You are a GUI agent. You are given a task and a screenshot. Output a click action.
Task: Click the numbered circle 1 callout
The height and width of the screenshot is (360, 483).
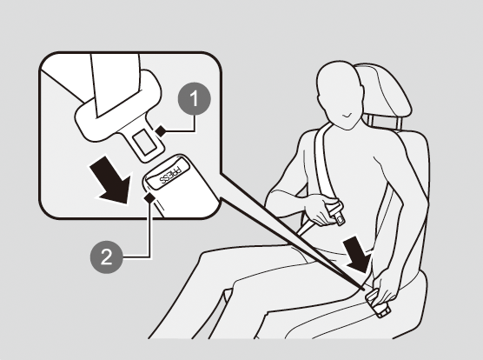(195, 98)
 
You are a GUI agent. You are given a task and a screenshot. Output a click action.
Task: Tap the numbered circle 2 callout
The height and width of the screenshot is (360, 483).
(106, 257)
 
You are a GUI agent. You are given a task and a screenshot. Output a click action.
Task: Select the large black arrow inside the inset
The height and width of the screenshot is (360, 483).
(112, 181)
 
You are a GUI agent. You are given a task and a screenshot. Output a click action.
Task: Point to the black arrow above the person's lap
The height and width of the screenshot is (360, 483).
(357, 254)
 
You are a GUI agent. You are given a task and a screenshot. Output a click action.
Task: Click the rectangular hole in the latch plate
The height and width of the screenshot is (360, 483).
(145, 142)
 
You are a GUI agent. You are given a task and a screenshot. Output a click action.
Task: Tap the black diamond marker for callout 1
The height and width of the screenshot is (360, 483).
(161, 130)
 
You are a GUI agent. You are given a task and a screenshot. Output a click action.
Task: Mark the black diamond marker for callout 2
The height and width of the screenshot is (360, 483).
(149, 197)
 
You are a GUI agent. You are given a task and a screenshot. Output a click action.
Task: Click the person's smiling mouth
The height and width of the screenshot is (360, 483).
(347, 116)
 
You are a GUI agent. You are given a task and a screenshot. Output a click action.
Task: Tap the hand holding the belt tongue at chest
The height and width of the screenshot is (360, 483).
(321, 209)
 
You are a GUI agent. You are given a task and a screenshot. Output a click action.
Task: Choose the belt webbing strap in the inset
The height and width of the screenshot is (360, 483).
(116, 83)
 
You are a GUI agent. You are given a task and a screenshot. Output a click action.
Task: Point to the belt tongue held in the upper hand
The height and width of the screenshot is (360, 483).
(337, 213)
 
